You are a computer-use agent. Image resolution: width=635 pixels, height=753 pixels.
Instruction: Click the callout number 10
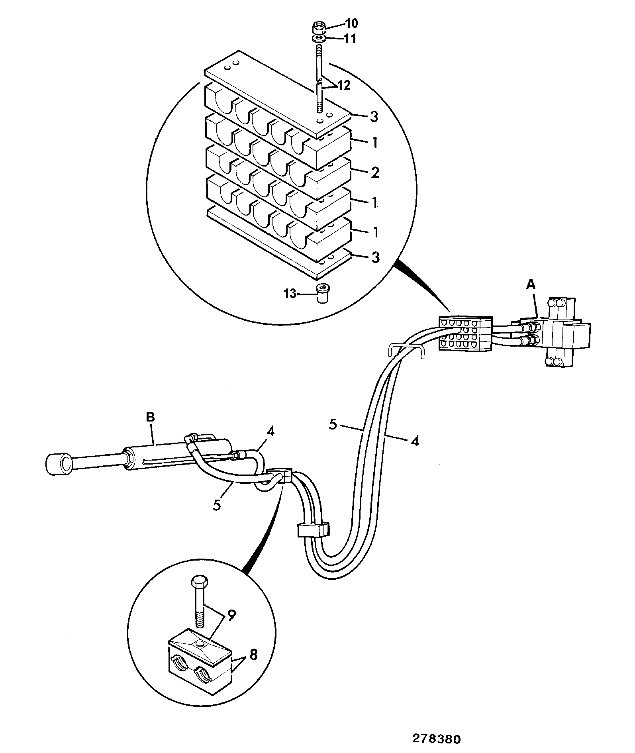pos(351,24)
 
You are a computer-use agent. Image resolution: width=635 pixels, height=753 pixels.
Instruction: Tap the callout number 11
pos(351,39)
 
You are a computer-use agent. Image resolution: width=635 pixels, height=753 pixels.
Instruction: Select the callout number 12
pos(343,85)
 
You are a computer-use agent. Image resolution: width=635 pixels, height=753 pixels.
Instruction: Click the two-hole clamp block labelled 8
pos(200,661)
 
